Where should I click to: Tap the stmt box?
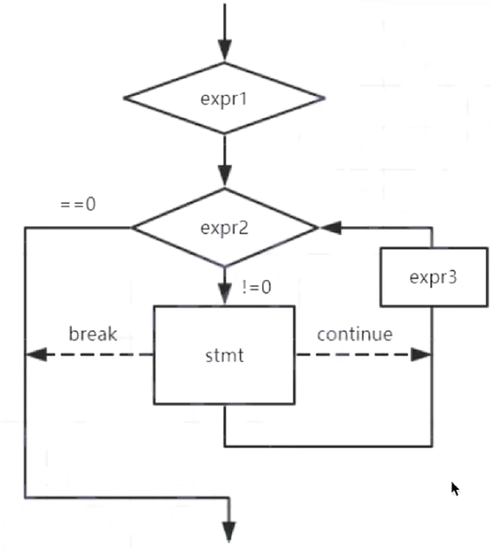click(224, 355)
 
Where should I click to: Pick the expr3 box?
click(433, 277)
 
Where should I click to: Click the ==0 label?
click(78, 204)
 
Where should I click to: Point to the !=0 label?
click(256, 288)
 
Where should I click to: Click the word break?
click(93, 334)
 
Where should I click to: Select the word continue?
click(355, 334)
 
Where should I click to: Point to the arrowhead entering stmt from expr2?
click(225, 294)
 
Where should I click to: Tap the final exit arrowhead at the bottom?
click(228, 531)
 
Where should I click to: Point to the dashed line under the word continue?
click(353, 355)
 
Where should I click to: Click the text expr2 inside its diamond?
click(224, 228)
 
